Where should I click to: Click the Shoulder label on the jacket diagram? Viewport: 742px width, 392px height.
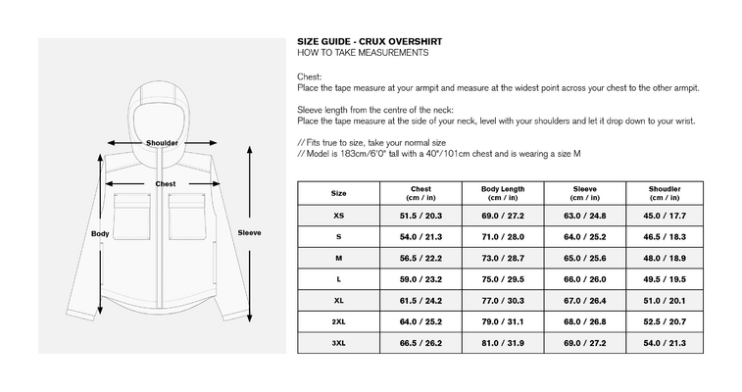click(x=162, y=143)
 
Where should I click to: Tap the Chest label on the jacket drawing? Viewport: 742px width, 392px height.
click(x=165, y=184)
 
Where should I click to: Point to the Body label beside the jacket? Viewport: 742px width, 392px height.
click(x=100, y=233)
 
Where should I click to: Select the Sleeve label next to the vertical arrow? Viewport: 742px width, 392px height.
click(x=249, y=232)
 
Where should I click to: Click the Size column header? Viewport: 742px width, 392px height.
click(x=338, y=193)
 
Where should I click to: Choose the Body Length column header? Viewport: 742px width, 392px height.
click(x=503, y=193)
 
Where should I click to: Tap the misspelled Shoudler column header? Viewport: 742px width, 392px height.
click(x=665, y=193)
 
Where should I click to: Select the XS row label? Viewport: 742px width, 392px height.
click(x=338, y=216)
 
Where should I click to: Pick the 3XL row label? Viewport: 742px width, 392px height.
click(x=338, y=343)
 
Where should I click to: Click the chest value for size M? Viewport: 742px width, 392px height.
click(x=420, y=258)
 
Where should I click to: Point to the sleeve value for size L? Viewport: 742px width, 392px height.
click(x=584, y=279)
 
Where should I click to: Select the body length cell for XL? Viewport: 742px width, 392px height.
click(x=503, y=301)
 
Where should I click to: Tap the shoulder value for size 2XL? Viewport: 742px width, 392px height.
click(x=665, y=321)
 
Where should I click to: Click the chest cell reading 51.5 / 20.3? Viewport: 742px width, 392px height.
click(x=420, y=216)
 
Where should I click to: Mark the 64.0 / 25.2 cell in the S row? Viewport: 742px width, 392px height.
click(x=584, y=237)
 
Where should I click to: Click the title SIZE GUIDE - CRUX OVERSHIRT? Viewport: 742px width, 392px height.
click(x=370, y=41)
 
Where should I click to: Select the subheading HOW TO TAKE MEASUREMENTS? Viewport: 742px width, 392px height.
click(x=363, y=53)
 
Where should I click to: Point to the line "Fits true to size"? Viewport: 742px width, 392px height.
click(x=371, y=143)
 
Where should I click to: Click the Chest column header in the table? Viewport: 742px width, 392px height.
click(x=420, y=193)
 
